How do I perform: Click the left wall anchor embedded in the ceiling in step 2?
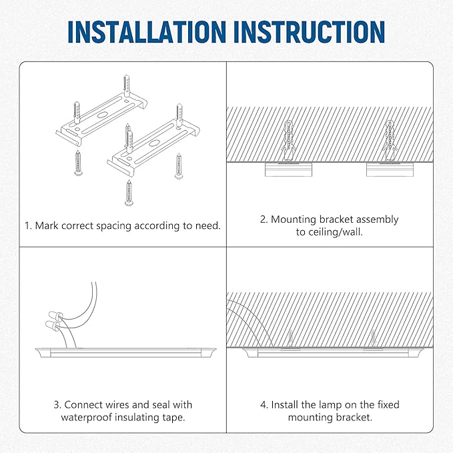pyautogui.click(x=287, y=139)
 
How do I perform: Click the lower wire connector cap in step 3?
pyautogui.click(x=51, y=326)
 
